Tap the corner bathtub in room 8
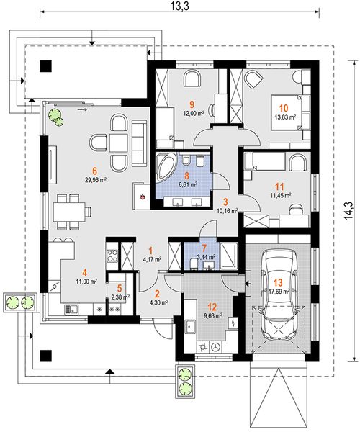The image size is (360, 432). [166, 168]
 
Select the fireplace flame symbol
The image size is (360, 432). [143, 196]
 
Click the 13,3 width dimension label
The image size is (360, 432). [180, 7]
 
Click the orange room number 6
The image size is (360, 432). [95, 171]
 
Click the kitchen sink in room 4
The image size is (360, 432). [71, 310]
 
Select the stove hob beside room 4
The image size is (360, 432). [112, 256]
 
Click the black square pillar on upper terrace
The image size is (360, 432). [46, 66]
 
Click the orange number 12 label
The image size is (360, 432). [213, 307]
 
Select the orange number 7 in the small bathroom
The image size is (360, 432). [204, 248]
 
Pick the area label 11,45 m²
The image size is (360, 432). [281, 196]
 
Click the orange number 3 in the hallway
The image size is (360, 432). [226, 202]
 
